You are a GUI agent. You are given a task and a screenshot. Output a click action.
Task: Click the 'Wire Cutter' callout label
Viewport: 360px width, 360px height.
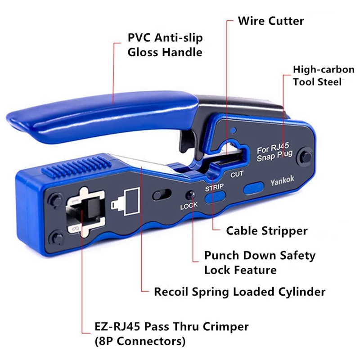(271, 21)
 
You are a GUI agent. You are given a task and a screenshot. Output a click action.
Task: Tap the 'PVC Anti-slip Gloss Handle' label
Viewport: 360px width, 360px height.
(165, 45)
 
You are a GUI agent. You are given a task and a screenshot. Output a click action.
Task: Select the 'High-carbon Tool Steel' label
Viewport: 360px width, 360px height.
(324, 76)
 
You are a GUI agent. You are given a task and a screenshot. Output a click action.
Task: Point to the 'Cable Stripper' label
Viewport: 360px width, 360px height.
(266, 231)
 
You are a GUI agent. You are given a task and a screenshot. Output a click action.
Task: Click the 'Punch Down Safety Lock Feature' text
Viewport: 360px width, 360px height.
(260, 262)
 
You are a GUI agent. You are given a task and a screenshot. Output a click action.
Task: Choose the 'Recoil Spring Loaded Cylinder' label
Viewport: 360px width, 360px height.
(239, 292)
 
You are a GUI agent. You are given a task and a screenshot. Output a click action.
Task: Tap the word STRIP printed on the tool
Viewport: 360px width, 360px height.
(214, 187)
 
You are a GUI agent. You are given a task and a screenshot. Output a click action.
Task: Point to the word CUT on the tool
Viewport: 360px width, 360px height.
(237, 174)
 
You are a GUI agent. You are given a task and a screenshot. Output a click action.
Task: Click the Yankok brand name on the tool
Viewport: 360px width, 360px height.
(282, 180)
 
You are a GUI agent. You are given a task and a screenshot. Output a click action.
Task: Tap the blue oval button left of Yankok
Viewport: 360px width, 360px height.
(254, 188)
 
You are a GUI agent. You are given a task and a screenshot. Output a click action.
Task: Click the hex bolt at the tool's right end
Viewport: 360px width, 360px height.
(305, 157)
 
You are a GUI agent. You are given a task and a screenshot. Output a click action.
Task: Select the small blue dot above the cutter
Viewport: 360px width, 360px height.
(233, 130)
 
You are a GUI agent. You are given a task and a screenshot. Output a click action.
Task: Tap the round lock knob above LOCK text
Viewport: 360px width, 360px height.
(190, 195)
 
